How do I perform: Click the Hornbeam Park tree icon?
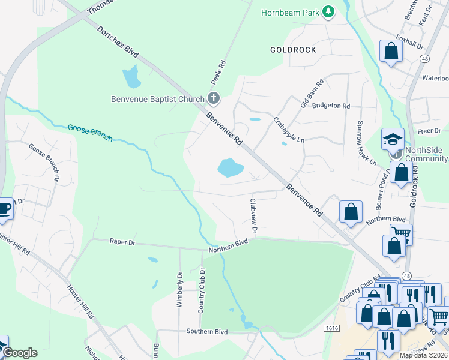[x=328, y=12]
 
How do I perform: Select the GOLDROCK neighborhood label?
[x=293, y=50]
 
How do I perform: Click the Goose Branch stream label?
[x=90, y=133]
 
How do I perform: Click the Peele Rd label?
[x=221, y=71]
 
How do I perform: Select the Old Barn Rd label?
[x=312, y=94]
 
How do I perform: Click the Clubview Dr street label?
[x=254, y=216]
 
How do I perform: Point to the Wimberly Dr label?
[x=179, y=290]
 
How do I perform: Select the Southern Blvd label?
[x=207, y=331]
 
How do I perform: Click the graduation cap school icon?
[x=392, y=139]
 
